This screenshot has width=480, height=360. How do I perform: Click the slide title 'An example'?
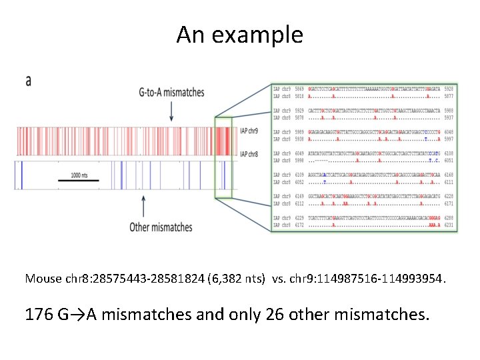[x=239, y=35]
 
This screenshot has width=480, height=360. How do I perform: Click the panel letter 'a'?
[x=29, y=81]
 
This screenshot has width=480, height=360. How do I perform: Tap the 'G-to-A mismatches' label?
[x=172, y=93]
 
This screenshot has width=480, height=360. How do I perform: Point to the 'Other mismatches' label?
[x=161, y=227]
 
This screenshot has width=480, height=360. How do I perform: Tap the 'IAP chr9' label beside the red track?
[x=249, y=131]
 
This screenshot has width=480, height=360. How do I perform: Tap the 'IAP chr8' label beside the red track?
[x=249, y=154]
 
